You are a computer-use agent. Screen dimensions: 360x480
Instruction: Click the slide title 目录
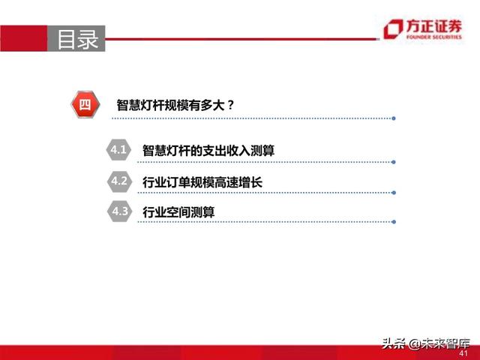pyautogui.click(x=78, y=39)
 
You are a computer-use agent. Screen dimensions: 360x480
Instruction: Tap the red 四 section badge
pyautogui.click(x=85, y=104)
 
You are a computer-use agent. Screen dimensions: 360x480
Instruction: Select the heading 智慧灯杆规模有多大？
pyautogui.click(x=175, y=105)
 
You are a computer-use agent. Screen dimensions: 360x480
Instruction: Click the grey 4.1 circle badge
pyautogui.click(x=119, y=151)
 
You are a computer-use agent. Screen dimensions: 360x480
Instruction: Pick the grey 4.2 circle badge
pyautogui.click(x=119, y=181)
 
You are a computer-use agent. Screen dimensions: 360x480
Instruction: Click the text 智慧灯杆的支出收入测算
pyautogui.click(x=208, y=151)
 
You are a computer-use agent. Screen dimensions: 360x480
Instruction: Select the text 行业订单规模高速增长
pyautogui.click(x=202, y=181)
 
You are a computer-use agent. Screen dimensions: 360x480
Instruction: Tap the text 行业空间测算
pyautogui.click(x=178, y=212)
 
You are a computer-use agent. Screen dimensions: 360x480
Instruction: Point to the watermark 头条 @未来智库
pyautogui.click(x=424, y=343)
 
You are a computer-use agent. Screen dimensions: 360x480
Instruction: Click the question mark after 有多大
pyautogui.click(x=230, y=105)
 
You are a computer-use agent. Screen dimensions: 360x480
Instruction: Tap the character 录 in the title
pyautogui.click(x=88, y=39)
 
